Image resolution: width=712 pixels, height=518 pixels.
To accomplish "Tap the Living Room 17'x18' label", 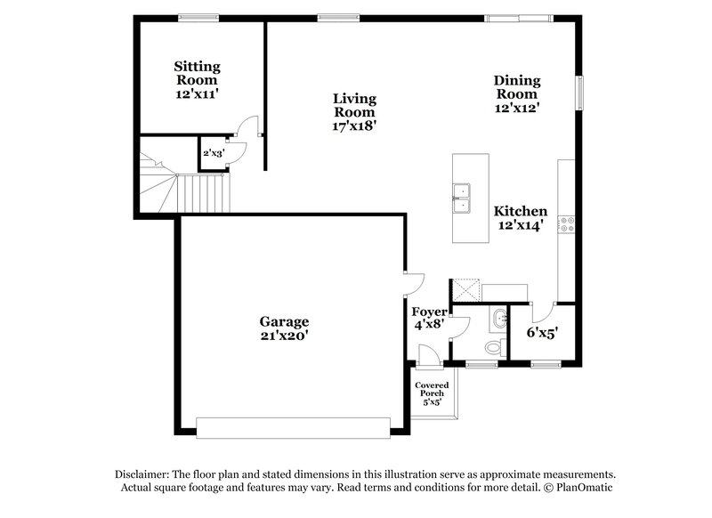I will point(354,112).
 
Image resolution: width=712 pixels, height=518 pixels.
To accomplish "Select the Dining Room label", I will point(517,93).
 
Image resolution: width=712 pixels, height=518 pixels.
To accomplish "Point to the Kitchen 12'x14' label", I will point(521,218).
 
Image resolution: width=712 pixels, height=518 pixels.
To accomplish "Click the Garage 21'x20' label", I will point(284,328).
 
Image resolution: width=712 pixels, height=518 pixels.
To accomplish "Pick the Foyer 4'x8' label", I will point(429,319).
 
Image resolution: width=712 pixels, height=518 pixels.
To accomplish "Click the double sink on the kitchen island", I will point(461,198).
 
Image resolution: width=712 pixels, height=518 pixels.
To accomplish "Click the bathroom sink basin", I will point(498,316).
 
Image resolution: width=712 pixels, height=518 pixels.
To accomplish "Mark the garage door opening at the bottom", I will point(293,427).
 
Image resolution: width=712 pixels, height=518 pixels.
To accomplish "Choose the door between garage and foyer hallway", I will point(409,283).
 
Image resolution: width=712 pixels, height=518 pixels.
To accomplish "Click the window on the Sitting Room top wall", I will point(198,16).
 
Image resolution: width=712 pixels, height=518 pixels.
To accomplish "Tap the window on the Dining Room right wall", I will point(579,92).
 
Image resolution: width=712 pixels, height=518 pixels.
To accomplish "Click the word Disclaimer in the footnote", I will point(144,474).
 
